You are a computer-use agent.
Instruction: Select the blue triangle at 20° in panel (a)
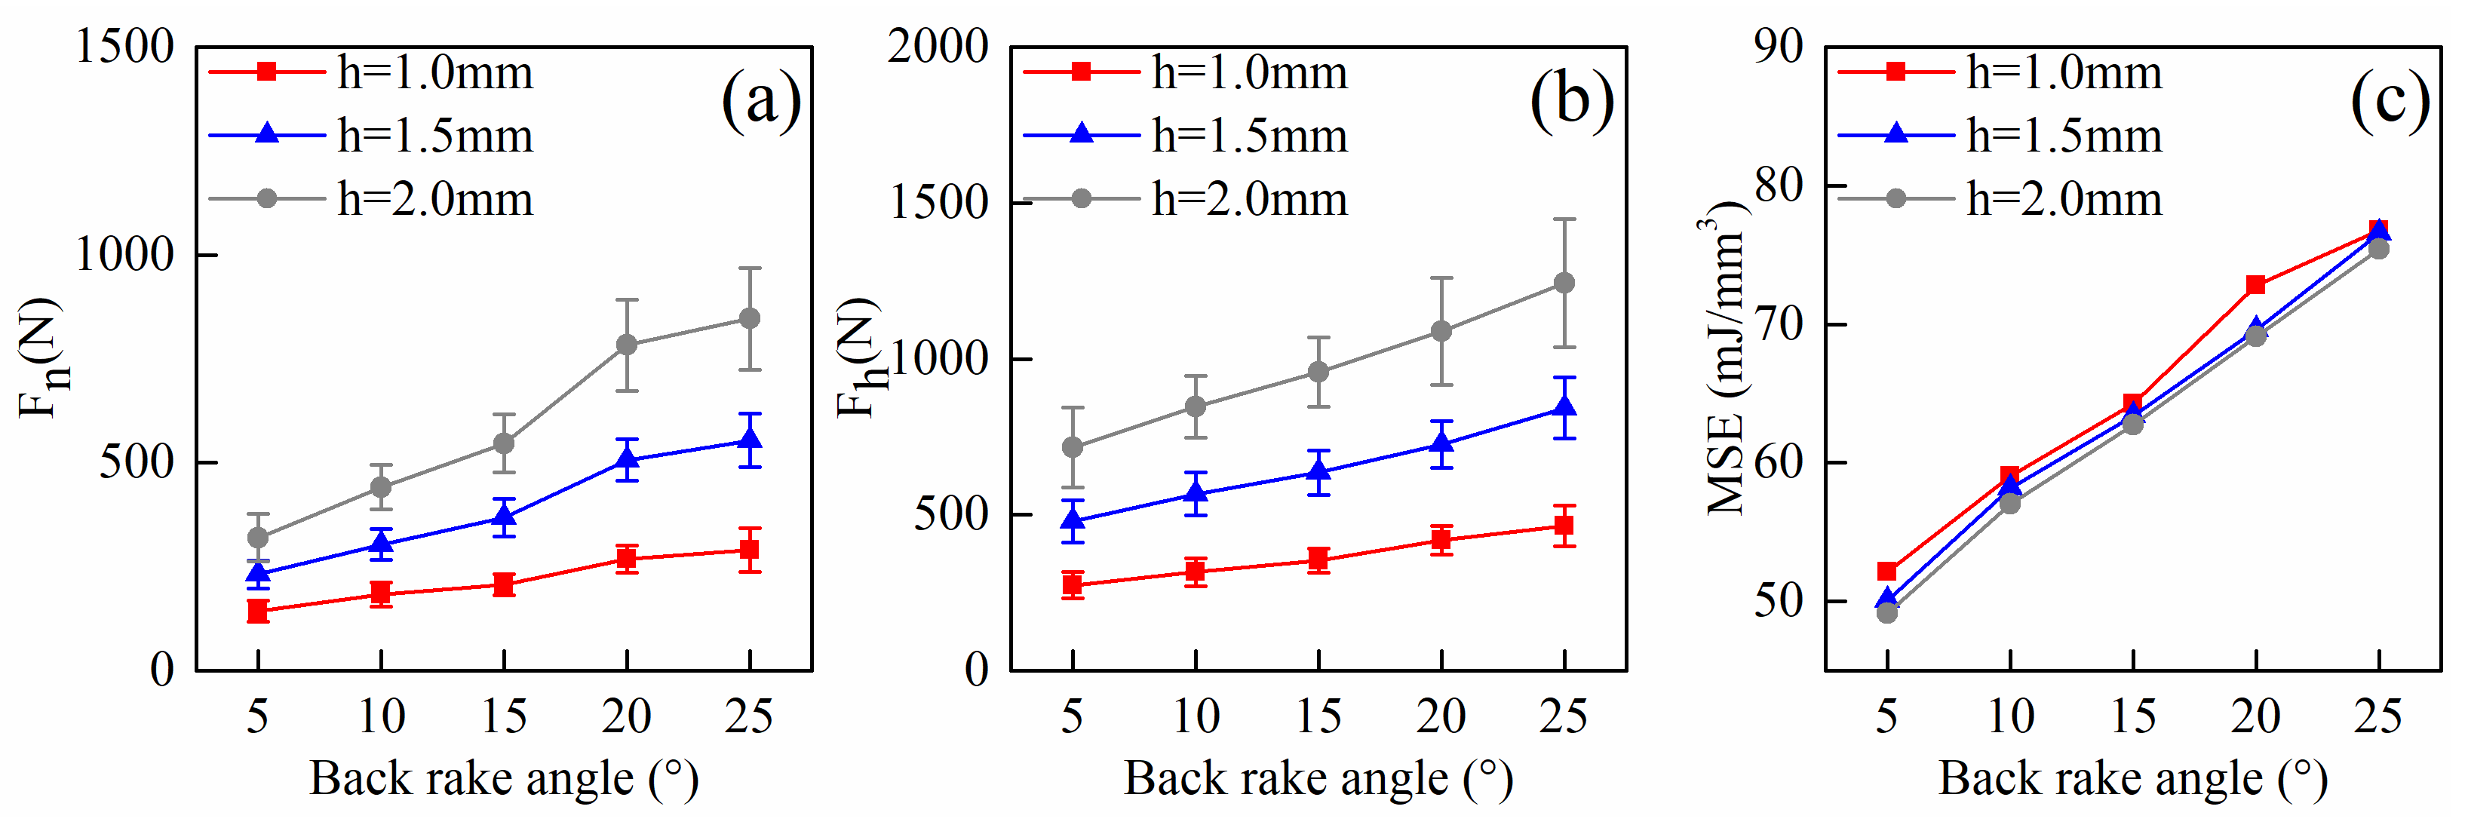pyautogui.click(x=627, y=458)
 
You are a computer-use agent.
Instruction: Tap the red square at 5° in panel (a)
pyautogui.click(x=258, y=611)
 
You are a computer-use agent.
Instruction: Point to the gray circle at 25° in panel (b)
pyautogui.click(x=1564, y=283)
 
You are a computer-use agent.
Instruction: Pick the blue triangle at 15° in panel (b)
pyautogui.click(x=1318, y=471)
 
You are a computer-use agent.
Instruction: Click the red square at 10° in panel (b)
pyautogui.click(x=1195, y=572)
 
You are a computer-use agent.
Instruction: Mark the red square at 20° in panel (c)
pyautogui.click(x=2255, y=285)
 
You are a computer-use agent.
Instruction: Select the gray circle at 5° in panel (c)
pyautogui.click(x=1886, y=613)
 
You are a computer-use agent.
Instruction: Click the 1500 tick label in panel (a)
pyautogui.click(x=124, y=46)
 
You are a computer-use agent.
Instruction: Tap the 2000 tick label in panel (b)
pyautogui.click(x=937, y=46)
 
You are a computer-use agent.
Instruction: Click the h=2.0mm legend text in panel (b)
pyautogui.click(x=1249, y=199)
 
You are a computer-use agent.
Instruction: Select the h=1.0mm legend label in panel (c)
pyautogui.click(x=2064, y=72)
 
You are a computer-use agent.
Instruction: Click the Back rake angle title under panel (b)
pyautogui.click(x=1318, y=778)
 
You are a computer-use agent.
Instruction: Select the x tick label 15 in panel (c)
pyautogui.click(x=2132, y=716)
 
